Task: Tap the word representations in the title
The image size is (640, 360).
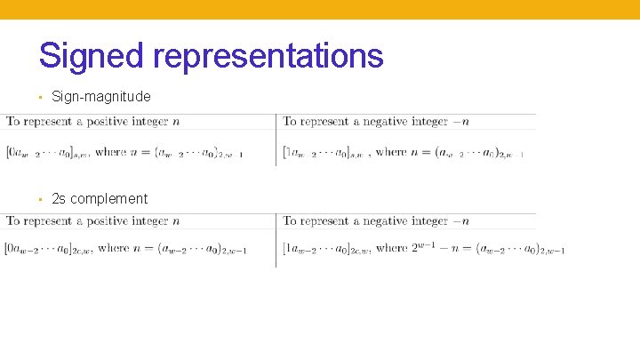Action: (268, 55)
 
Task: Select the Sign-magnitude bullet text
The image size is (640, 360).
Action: (100, 96)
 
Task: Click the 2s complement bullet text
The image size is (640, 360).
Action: (100, 198)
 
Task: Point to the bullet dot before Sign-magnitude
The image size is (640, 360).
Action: (42, 97)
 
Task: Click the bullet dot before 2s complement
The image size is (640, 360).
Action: (42, 199)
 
